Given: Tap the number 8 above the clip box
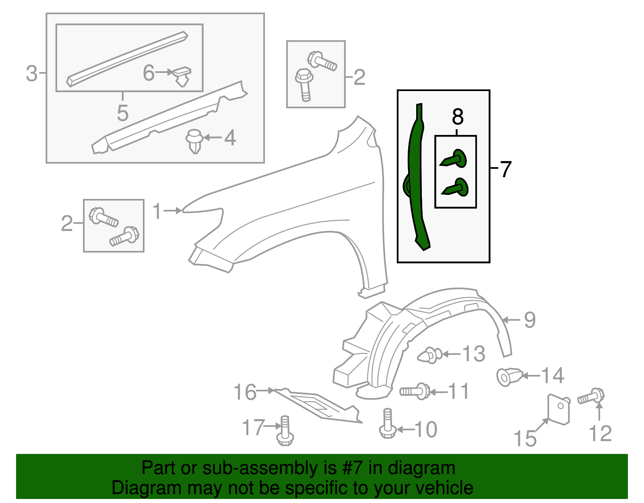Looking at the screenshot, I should click(x=458, y=117).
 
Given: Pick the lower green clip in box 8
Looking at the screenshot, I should click(x=456, y=188).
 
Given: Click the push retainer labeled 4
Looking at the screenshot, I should click(x=194, y=141).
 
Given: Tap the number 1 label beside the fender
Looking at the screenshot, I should click(x=157, y=211).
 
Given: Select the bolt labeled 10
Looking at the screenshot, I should click(x=387, y=424).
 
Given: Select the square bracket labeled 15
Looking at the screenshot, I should click(x=559, y=408).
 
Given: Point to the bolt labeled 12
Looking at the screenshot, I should click(x=592, y=396).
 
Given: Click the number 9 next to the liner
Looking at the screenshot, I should click(x=530, y=320).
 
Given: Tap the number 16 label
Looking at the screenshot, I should click(x=245, y=392).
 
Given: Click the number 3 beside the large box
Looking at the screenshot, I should click(x=31, y=74).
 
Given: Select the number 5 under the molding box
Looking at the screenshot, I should click(x=123, y=113).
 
